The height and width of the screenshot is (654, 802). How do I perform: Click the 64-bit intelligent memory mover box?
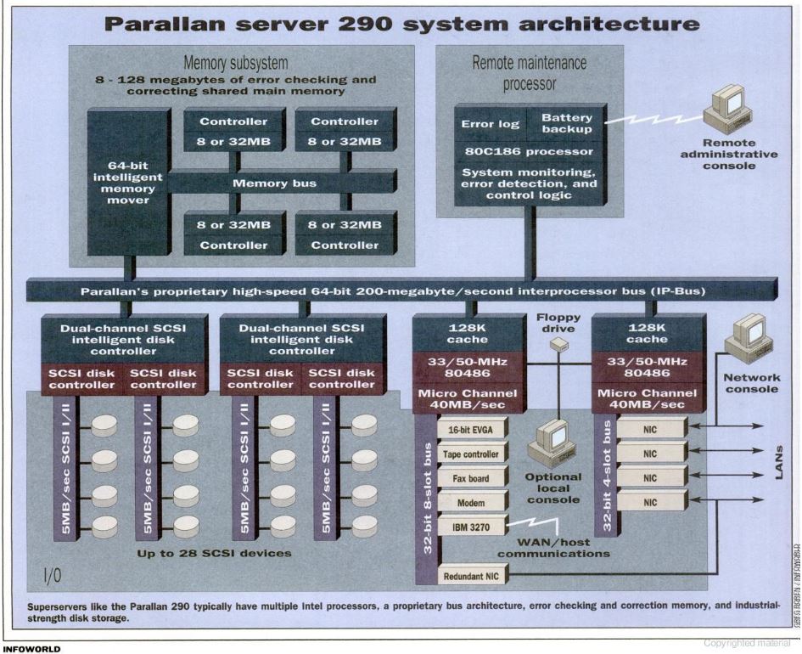(x=127, y=182)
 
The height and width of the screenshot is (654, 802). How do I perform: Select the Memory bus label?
(x=274, y=183)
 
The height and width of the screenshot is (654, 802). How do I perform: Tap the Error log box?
(x=490, y=124)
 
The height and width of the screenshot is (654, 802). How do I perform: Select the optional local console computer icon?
(x=552, y=442)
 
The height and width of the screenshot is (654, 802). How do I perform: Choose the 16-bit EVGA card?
(x=471, y=430)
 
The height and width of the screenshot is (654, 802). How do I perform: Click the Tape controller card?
(x=471, y=454)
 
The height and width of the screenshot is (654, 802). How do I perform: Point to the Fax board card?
(x=471, y=479)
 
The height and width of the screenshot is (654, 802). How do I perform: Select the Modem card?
(x=471, y=503)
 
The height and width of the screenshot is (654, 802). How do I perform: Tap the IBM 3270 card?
(x=471, y=527)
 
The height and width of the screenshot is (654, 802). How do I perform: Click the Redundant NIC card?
(x=471, y=577)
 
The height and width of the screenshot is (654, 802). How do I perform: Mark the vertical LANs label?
(x=781, y=463)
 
